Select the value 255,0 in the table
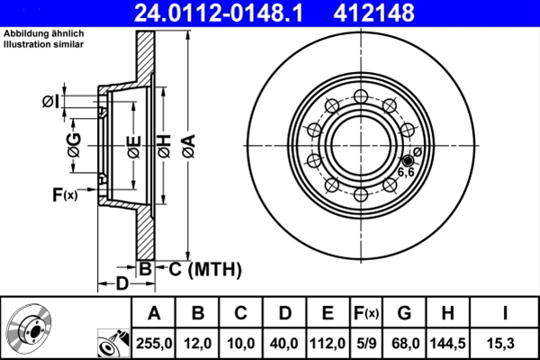tap(153, 343)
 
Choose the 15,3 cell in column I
tap(505, 343)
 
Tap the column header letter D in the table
tap(283, 314)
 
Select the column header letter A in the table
tap(153, 314)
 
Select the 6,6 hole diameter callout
tap(406, 170)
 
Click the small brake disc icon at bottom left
tap(27, 328)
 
